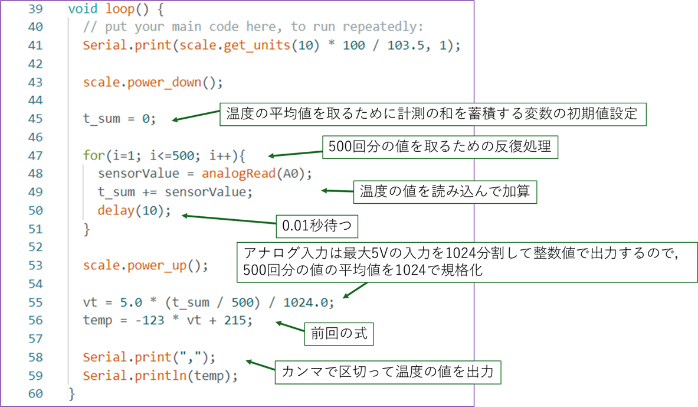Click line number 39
point(35,9)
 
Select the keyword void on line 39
point(83,9)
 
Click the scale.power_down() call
point(153,83)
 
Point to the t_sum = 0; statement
point(119,119)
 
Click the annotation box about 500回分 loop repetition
point(440,147)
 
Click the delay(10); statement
point(134,211)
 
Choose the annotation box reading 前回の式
point(339,334)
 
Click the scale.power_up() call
point(145,266)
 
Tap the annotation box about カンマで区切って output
point(391,372)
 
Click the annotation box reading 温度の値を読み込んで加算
point(445,191)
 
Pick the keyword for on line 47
point(94,156)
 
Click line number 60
point(35,393)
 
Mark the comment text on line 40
point(254,27)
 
